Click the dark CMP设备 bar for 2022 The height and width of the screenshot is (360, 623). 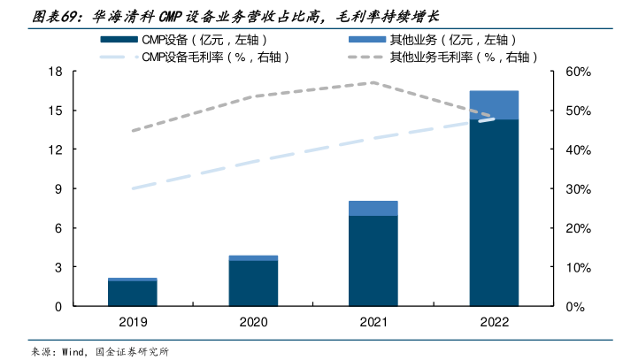(x=494, y=212)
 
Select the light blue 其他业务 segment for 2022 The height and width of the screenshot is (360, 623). (x=494, y=104)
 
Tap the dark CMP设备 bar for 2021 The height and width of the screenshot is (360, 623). (x=373, y=261)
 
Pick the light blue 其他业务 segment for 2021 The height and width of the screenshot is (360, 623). (x=373, y=208)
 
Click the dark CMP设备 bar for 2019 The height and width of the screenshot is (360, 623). (x=133, y=294)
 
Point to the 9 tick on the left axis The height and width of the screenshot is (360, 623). (x=58, y=189)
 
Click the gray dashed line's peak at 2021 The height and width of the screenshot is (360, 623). (x=373, y=82)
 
